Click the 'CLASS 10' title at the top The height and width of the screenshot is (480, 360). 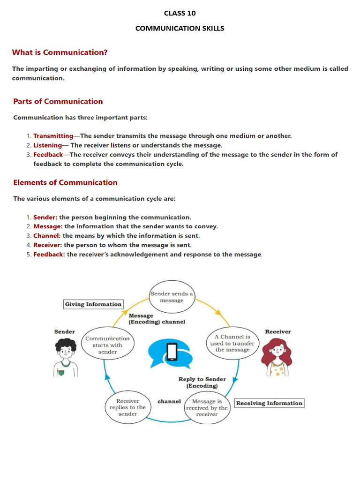tap(180, 13)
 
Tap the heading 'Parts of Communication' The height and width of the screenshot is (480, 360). tap(58, 101)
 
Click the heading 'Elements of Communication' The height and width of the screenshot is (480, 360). tap(65, 182)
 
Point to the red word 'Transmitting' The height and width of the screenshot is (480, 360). tap(53, 136)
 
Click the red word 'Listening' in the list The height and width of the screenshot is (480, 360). tap(47, 145)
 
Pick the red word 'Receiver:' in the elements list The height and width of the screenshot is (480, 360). tap(47, 245)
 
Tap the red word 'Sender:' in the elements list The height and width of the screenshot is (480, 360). tap(45, 217)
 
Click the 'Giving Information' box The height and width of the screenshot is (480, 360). tap(93, 304)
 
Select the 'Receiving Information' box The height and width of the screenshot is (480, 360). tap(269, 403)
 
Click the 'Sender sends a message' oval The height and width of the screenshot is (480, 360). tap(172, 297)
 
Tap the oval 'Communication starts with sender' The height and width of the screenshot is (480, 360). tap(107, 345)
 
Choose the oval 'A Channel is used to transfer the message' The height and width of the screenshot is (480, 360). tap(232, 343)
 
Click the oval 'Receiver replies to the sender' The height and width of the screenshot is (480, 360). tap(127, 407)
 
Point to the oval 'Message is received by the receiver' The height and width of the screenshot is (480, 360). tap(207, 408)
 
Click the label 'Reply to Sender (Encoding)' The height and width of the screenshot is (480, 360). tap(202, 382)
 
